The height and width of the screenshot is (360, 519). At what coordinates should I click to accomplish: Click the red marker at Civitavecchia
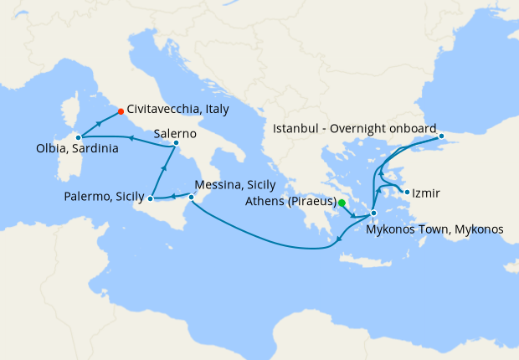tap(121, 111)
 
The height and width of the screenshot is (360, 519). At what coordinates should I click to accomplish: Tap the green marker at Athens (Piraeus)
tap(342, 202)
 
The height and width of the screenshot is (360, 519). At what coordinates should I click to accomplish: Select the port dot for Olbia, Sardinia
tap(78, 136)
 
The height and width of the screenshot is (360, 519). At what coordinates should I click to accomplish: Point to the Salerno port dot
tap(176, 143)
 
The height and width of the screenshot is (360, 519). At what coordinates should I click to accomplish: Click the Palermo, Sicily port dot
tap(151, 198)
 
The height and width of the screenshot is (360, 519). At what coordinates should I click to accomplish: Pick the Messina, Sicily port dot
tap(191, 198)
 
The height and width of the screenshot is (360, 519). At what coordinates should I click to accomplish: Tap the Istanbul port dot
tap(441, 136)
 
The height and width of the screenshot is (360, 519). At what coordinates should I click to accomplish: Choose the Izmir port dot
tap(407, 193)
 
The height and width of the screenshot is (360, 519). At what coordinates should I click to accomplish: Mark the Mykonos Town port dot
tap(373, 213)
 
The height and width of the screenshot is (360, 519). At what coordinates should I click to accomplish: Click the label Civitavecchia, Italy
tap(178, 109)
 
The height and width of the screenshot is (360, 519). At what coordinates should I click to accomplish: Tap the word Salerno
tap(175, 133)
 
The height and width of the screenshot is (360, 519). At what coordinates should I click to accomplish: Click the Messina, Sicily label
tap(234, 185)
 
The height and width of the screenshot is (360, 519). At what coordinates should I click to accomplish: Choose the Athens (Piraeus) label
tap(291, 202)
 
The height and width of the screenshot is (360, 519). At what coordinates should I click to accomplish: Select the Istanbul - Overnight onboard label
tap(355, 128)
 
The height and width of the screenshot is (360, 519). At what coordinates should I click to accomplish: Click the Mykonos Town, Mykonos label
tap(436, 229)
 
